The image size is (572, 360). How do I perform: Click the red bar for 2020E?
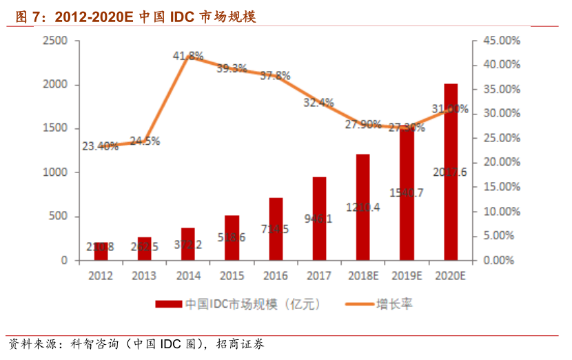[x=451, y=172]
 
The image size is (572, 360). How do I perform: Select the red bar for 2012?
[x=101, y=252]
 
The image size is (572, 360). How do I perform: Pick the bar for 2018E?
[x=363, y=207]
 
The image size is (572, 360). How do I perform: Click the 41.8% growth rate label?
[x=188, y=55]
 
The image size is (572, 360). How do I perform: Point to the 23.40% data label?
[x=100, y=146]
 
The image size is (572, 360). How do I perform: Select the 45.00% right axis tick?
[x=500, y=41]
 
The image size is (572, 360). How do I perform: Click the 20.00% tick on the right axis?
[x=500, y=163]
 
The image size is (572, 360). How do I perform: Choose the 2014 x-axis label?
[x=188, y=275]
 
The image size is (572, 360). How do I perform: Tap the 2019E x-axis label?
[x=407, y=275]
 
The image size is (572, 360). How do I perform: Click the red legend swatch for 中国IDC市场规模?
[x=169, y=303]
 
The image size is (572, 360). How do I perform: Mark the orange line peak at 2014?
[x=188, y=57]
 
